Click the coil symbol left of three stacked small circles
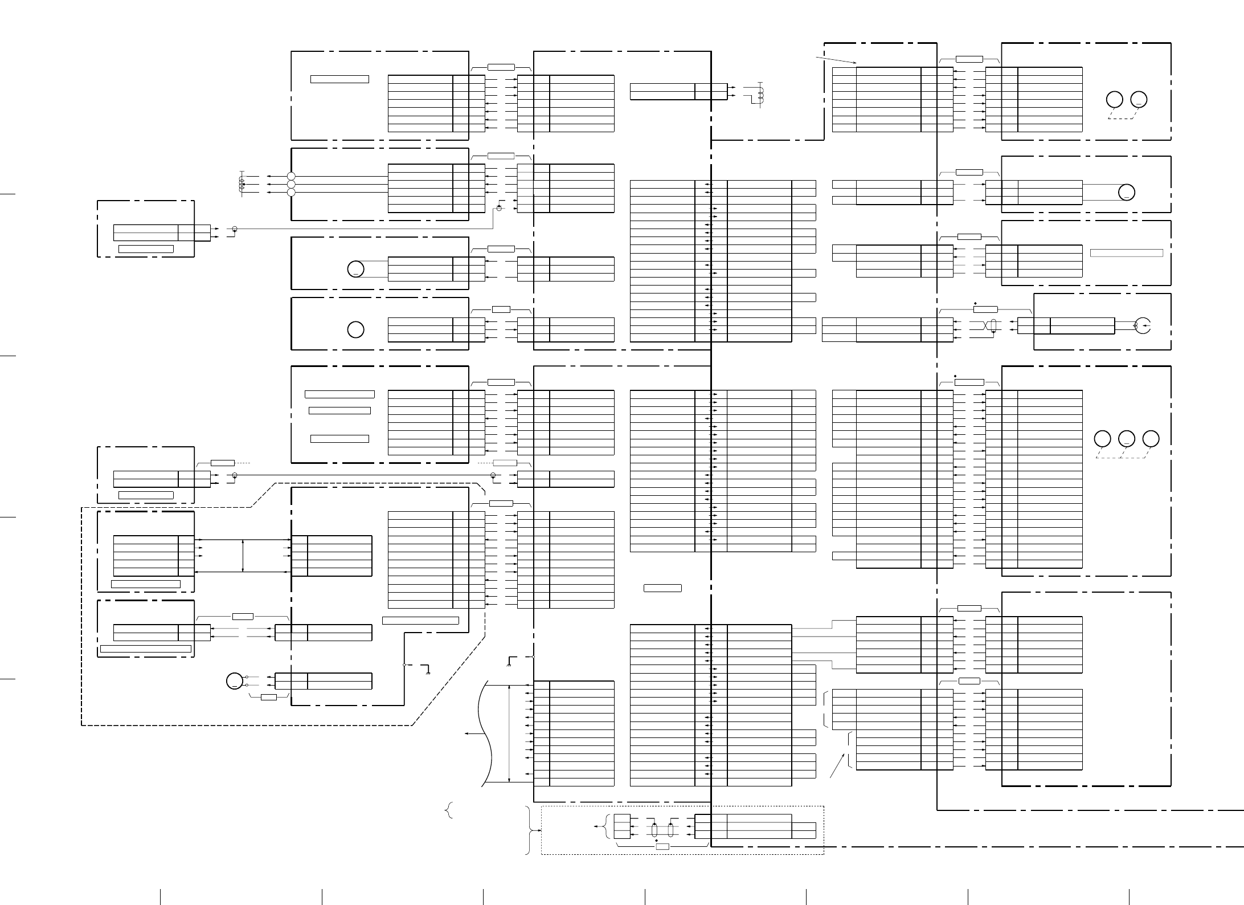coord(242,184)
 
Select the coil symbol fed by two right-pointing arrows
coord(760,95)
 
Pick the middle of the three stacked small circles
coord(292,184)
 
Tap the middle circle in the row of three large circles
coord(1126,439)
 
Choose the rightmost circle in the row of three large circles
coord(1151,439)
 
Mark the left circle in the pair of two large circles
coord(1114,100)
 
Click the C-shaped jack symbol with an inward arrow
coord(1143,326)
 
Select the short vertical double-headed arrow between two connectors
coord(243,556)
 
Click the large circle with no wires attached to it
coord(355,329)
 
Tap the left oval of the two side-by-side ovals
coord(654,830)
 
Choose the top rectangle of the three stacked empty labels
coord(339,394)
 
